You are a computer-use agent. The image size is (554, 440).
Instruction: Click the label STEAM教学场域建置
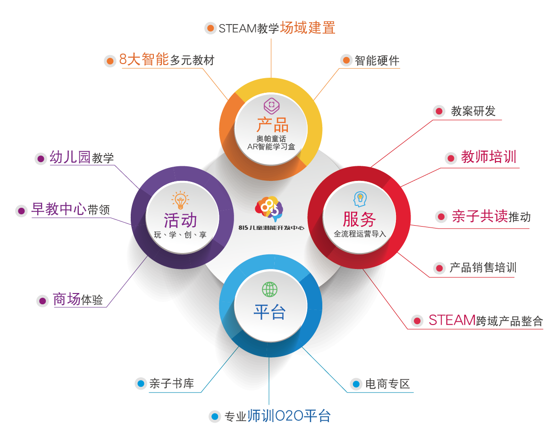coord(277,28)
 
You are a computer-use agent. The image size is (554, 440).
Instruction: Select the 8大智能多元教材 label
coord(167,59)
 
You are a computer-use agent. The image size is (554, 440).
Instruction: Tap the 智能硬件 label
coord(377,60)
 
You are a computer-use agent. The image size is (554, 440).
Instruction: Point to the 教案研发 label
coord(473,111)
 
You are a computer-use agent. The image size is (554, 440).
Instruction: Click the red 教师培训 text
coord(488,157)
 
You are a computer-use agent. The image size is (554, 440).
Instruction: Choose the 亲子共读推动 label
coord(491,216)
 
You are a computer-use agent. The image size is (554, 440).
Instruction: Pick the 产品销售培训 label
coord(483,268)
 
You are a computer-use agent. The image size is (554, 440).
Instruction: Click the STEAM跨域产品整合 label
coord(486,320)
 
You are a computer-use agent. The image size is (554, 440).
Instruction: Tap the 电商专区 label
coord(387,384)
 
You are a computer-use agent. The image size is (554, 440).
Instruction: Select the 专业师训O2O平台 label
coord(277,416)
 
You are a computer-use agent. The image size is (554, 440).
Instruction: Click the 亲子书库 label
coord(172,383)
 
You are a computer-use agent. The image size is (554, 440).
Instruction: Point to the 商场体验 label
coord(78,299)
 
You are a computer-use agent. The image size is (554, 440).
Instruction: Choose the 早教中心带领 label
coord(71,209)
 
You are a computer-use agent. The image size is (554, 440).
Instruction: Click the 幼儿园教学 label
coord(82,157)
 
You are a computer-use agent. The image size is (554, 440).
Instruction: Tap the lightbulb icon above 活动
coord(180,200)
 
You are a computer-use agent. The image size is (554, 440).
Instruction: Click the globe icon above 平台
coord(269,289)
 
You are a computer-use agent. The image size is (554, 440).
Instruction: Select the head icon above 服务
coord(360,199)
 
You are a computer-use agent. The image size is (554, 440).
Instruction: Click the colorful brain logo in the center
coord(269,209)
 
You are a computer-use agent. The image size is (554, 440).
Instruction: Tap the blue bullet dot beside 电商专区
coord(356,384)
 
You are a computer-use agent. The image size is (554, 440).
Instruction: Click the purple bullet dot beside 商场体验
coord(42,301)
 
